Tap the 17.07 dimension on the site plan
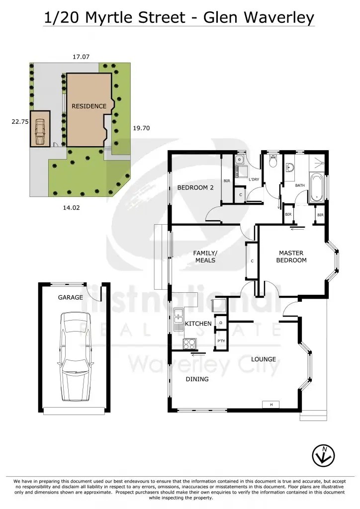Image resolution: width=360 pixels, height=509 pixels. [x=81, y=57]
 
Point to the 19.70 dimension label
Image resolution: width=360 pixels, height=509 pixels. [x=142, y=128]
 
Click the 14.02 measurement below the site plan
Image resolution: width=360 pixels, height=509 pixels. [x=72, y=208]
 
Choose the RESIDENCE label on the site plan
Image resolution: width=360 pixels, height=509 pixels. [x=89, y=106]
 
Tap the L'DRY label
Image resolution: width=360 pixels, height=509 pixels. [x=254, y=179]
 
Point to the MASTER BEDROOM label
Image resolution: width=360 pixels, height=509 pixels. [x=291, y=256]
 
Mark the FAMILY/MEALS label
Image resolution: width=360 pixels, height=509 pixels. [x=205, y=256]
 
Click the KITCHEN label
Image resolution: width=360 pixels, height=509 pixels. [x=198, y=324]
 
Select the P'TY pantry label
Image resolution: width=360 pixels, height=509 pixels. [x=221, y=341]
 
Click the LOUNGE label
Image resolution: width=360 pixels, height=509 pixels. [x=263, y=359]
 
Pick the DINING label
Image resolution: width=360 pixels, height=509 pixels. [x=197, y=379]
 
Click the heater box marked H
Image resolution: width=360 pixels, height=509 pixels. [x=271, y=405]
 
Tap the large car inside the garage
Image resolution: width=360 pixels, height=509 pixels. [x=76, y=356]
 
